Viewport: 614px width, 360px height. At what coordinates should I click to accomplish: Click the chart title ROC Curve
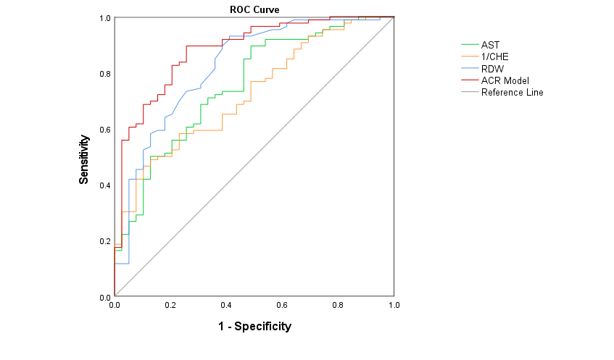[x=254, y=9]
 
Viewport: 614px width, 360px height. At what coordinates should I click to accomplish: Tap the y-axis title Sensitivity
[x=84, y=162]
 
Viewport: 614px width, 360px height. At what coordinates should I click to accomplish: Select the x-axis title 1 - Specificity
[x=254, y=327]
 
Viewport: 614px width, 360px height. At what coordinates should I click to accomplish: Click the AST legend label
[x=490, y=45]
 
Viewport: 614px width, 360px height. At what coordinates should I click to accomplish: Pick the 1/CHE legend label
[x=495, y=56]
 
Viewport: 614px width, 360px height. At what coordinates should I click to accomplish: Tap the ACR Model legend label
[x=505, y=80]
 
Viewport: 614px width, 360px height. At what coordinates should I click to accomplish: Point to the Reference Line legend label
[x=512, y=92]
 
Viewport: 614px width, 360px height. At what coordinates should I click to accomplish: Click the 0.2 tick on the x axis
[x=170, y=306]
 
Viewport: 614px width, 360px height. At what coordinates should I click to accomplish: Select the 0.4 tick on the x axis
[x=226, y=306]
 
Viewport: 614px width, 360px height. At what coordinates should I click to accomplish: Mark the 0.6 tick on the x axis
[x=282, y=306]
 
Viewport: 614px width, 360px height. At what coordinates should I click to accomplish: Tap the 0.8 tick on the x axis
[x=338, y=306]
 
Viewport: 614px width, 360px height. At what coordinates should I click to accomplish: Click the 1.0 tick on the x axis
[x=394, y=306]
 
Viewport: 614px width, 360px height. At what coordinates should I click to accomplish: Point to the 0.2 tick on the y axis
[x=104, y=241]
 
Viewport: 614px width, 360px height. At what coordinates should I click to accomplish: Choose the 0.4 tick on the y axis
[x=104, y=185]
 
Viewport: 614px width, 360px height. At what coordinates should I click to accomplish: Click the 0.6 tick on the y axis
[x=104, y=130]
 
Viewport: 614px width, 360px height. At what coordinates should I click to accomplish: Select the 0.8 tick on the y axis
[x=104, y=74]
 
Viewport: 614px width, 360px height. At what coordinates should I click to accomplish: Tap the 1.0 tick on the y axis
[x=104, y=18]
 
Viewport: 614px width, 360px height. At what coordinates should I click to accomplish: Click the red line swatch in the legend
[x=469, y=80]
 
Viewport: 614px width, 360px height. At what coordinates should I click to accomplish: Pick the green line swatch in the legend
[x=469, y=45]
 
